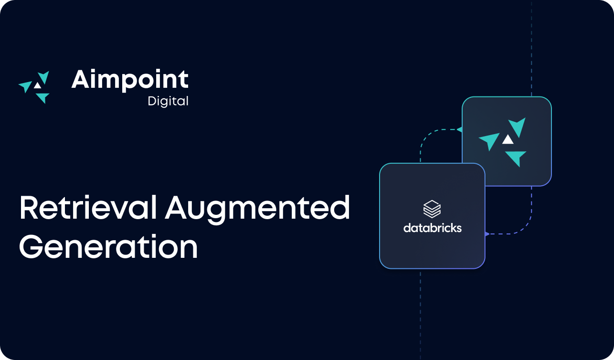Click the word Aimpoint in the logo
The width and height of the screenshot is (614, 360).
click(130, 79)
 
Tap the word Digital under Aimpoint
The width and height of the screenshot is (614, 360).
click(168, 101)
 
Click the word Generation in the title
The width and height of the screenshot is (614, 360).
click(108, 247)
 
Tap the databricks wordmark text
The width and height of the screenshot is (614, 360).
click(432, 228)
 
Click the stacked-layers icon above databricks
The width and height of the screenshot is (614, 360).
click(432, 209)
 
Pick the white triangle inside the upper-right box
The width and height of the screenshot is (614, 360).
click(508, 139)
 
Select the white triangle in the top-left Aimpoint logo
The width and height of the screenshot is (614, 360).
click(37, 85)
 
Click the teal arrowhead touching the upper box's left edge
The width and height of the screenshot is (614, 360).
click(459, 129)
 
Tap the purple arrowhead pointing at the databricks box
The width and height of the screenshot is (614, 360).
click(487, 234)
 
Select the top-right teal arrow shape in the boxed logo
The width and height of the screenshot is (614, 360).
click(518, 126)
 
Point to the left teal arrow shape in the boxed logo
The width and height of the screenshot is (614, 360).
click(490, 141)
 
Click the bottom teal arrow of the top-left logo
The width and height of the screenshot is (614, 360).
click(43, 97)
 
